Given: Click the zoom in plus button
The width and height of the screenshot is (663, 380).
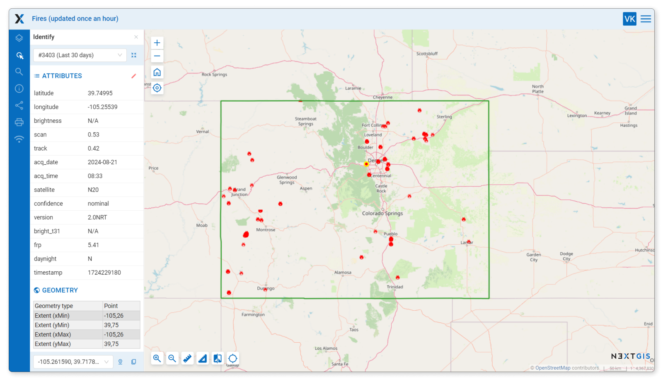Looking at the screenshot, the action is click(x=157, y=43).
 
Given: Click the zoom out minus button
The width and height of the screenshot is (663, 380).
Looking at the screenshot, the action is click(x=157, y=56).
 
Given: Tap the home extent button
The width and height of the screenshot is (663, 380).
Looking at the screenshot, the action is click(x=157, y=73).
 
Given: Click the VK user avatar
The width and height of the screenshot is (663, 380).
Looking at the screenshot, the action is click(x=629, y=19).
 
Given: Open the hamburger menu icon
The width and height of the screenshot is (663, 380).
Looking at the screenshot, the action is click(x=646, y=19).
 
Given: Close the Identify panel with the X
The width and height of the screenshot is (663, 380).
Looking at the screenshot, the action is click(x=136, y=37).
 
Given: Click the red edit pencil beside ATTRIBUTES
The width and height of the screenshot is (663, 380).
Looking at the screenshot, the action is click(x=133, y=76).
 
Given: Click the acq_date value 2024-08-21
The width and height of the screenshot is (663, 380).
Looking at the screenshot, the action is click(x=102, y=162).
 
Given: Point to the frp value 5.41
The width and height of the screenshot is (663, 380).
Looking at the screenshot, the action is click(x=93, y=245).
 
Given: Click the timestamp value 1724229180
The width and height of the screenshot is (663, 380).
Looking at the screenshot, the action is click(x=104, y=273).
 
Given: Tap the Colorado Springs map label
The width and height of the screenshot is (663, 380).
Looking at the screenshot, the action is click(x=382, y=213).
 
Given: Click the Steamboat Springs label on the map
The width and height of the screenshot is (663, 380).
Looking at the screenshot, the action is click(x=305, y=121).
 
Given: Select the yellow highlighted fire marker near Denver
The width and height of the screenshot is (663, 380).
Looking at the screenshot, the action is click(x=366, y=164).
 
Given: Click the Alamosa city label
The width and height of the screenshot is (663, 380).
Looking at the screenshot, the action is click(x=343, y=273).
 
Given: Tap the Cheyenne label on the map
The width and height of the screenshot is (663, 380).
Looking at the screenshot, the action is click(x=382, y=97).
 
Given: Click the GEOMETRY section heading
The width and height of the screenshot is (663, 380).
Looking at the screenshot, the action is click(x=60, y=290).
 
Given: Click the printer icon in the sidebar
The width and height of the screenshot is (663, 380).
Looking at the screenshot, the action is click(x=19, y=122).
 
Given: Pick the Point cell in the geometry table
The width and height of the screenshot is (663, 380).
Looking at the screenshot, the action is click(x=111, y=306).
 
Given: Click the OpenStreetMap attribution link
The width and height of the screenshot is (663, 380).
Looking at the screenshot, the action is click(x=552, y=368).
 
